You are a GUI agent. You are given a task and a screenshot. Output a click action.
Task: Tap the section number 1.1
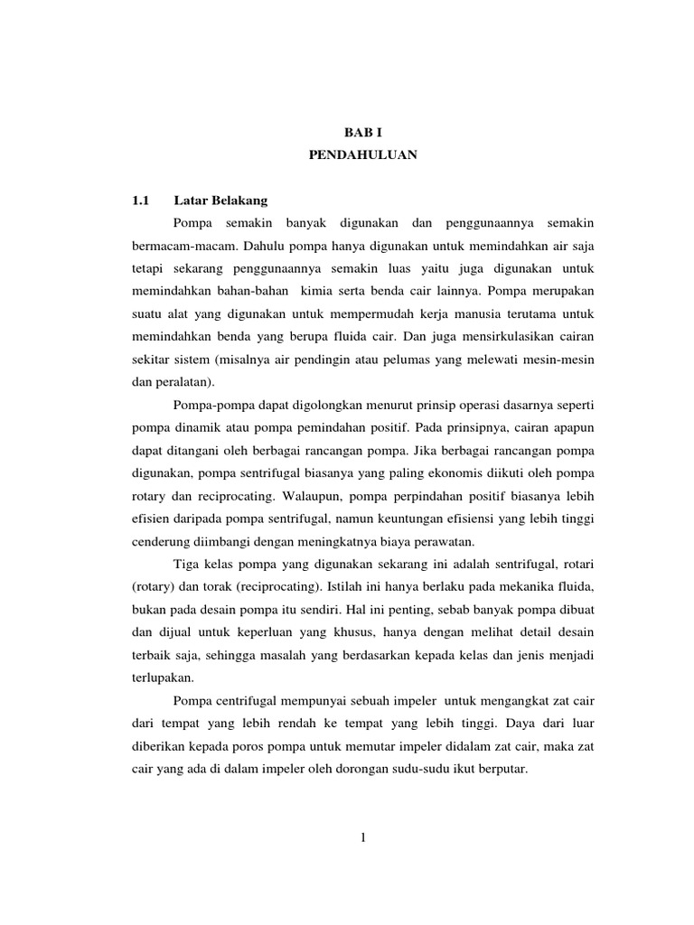[x=143, y=200]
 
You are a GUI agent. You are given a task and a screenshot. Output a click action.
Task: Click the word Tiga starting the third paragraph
[x=187, y=565]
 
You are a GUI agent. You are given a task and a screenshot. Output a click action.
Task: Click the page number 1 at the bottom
[x=361, y=837]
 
